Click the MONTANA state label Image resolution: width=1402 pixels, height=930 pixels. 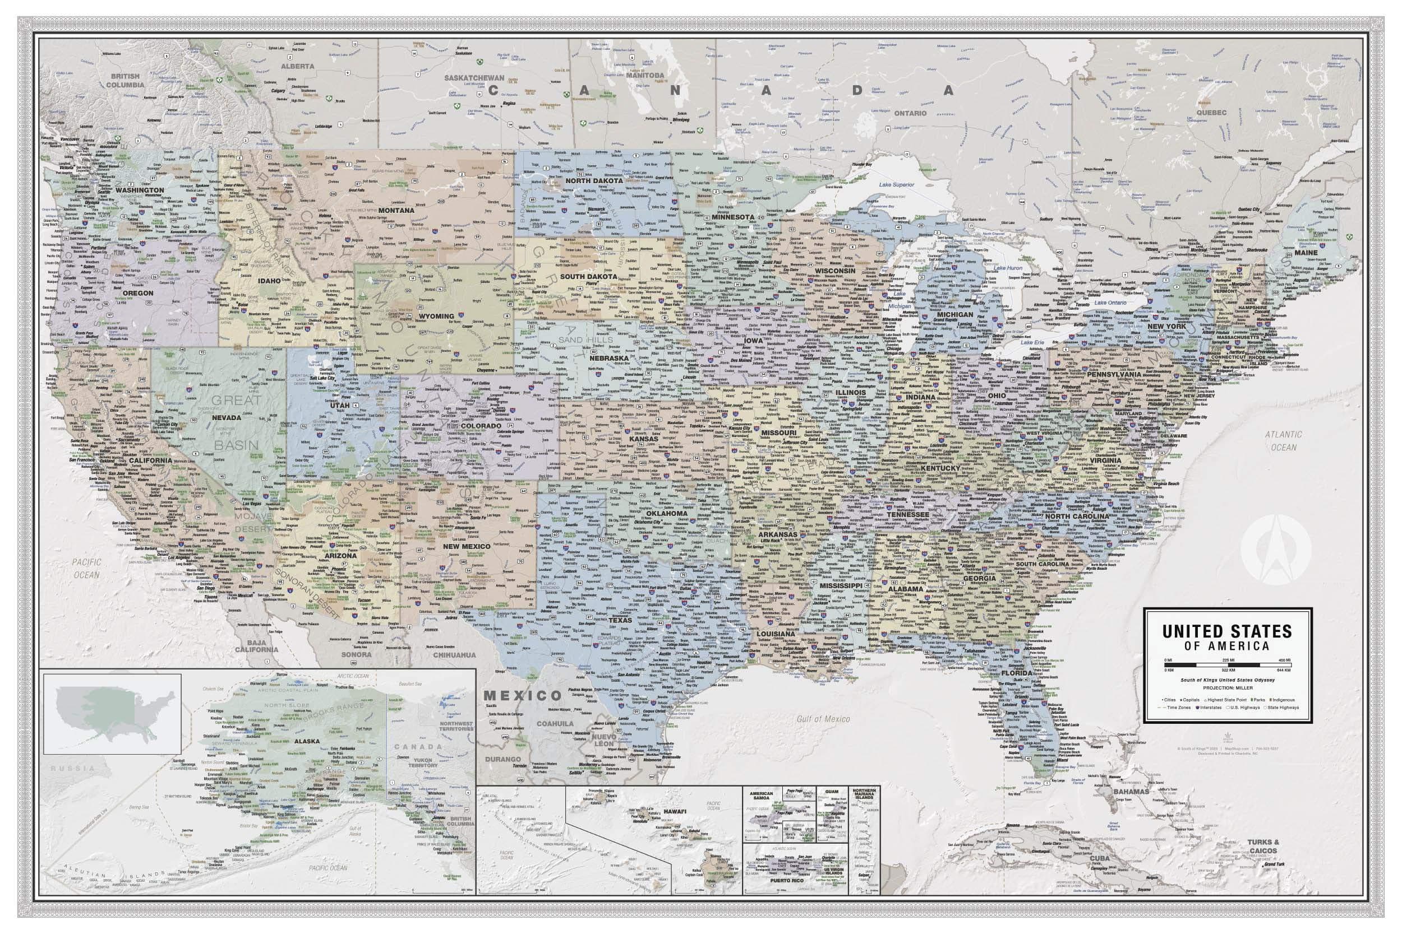click(396, 211)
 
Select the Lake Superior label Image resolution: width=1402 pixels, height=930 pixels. click(897, 184)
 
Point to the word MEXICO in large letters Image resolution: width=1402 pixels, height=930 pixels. click(522, 696)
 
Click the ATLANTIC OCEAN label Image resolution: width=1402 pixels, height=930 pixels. click(1283, 441)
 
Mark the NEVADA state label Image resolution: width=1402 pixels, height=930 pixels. click(226, 417)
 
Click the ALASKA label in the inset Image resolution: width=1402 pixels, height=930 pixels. click(306, 741)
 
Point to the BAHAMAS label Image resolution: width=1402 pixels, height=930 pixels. click(1131, 791)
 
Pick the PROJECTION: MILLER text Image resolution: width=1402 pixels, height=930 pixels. click(1228, 687)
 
